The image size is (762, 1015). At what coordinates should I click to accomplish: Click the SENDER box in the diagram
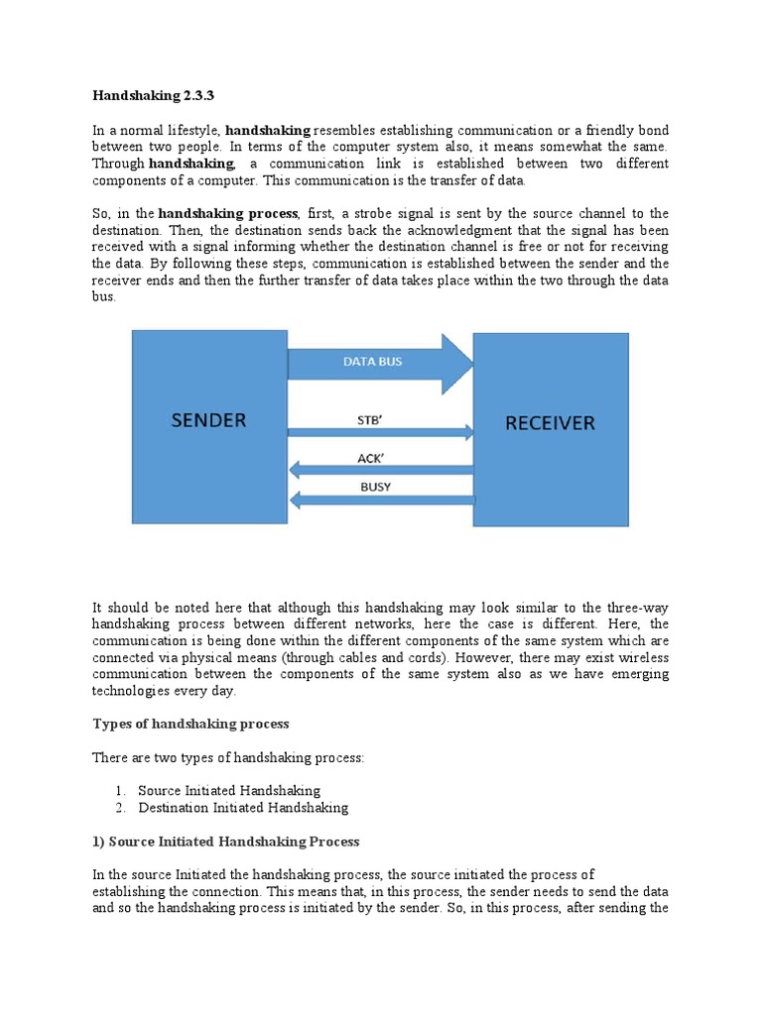[209, 426]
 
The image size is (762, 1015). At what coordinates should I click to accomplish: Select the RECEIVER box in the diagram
[550, 428]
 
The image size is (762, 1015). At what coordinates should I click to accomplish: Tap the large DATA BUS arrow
[377, 363]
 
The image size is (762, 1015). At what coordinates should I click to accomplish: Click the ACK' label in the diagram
[370, 457]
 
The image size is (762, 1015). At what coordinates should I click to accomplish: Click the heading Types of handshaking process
[190, 724]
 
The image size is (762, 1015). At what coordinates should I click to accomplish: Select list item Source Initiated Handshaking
[229, 791]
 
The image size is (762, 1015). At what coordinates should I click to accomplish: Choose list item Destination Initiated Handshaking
[243, 808]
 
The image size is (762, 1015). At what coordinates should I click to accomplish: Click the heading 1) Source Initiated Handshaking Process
[225, 842]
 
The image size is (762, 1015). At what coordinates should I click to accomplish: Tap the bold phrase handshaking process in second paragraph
[227, 213]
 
